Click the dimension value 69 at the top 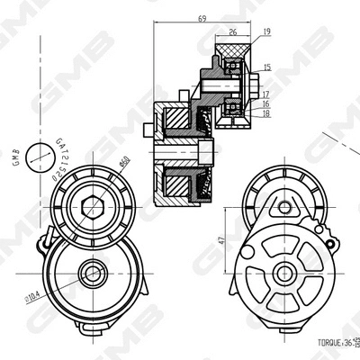202,18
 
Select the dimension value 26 233,33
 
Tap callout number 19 267,32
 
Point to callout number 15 267,67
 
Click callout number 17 267,94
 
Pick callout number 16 267,104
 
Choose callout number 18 267,114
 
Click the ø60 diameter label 125,166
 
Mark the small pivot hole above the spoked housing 292,205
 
